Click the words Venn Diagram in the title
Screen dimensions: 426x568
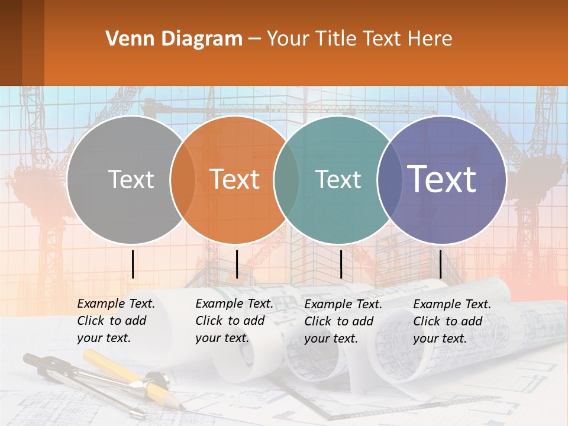174,39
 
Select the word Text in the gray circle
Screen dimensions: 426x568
131,180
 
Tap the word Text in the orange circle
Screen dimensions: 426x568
235,180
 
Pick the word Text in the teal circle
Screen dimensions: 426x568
338,180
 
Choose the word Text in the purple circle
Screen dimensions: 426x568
442,179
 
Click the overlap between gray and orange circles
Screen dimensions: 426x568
183,180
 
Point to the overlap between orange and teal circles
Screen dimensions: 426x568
286,180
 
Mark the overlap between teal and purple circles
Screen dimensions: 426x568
390,180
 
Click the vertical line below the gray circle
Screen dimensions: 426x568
133,264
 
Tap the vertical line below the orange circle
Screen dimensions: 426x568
237,264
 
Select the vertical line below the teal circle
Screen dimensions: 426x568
341,264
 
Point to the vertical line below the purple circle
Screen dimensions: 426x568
441,264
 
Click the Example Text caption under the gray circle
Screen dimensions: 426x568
116,321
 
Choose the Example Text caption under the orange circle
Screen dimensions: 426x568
234,321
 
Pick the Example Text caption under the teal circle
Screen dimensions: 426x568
343,321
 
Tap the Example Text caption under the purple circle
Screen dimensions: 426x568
452,321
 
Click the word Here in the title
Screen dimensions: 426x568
431,39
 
